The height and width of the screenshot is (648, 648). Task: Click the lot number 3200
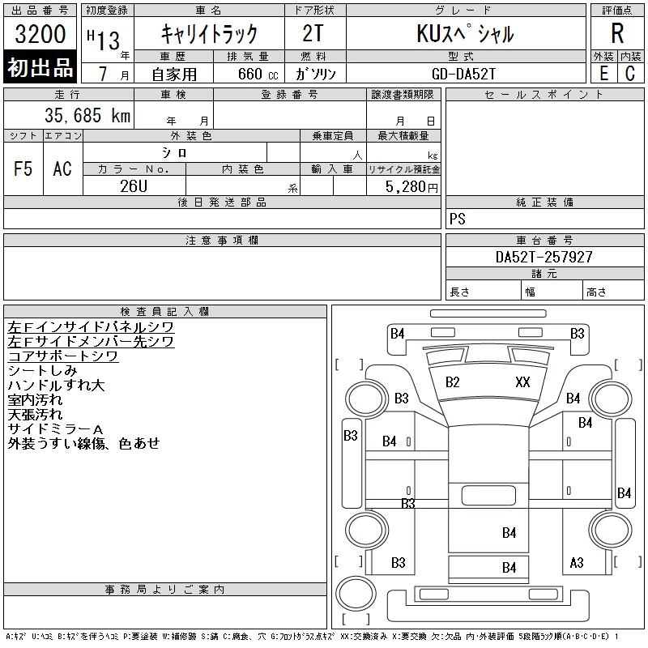[40, 34]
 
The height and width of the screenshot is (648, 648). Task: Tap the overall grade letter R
[617, 33]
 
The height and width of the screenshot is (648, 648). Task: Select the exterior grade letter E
[603, 73]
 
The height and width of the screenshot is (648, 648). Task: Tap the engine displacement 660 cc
[248, 73]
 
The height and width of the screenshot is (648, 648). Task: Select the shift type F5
[23, 168]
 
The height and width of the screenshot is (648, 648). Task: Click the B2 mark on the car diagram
[453, 382]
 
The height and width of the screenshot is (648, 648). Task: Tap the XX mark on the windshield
[522, 382]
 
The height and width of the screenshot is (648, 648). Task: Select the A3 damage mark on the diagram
[577, 562]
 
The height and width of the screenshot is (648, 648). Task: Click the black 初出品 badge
[40, 68]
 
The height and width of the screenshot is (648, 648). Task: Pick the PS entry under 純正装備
[458, 220]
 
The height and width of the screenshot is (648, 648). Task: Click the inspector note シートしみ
[42, 370]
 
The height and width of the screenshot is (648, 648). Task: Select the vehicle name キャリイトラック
[209, 34]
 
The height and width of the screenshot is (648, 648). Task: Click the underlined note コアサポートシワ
[63, 356]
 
